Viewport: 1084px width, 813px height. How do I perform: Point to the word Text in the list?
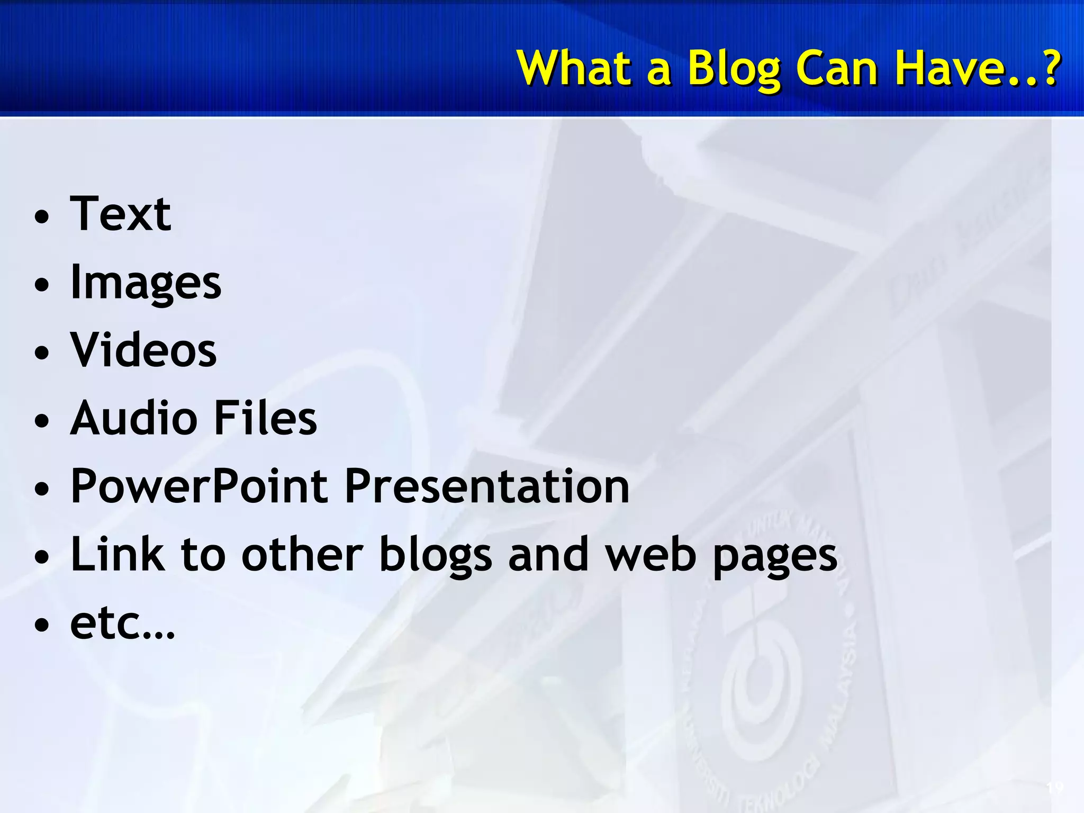coord(121,214)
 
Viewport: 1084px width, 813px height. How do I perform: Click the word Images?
coord(146,284)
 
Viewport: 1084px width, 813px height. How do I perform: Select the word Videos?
coord(143,350)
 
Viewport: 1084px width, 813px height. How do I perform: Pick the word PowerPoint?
coord(199,486)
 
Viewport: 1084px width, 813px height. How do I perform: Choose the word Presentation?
coord(487,486)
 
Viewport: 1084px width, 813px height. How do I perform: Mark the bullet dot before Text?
coord(41,217)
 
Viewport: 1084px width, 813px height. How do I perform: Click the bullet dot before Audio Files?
coord(41,421)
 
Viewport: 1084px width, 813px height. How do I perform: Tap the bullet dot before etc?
coord(41,625)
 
